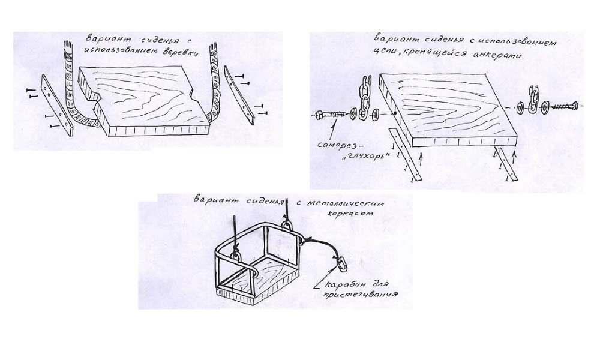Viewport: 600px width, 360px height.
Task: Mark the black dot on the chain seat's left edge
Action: tap(395, 112)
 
